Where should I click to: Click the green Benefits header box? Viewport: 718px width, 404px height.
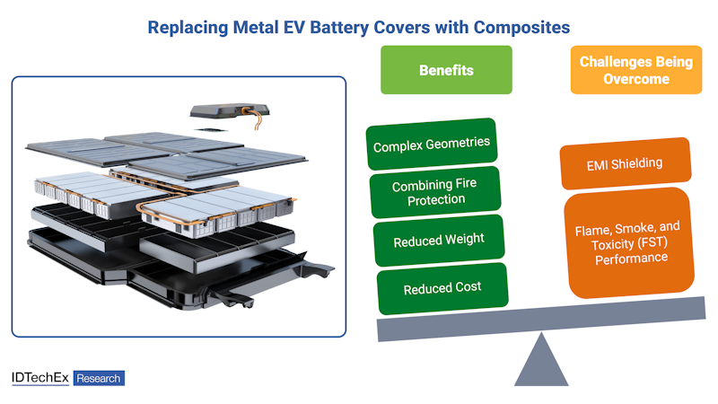click(x=446, y=70)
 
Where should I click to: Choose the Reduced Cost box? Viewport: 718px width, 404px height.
click(x=442, y=288)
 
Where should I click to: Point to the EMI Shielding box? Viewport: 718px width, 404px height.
click(x=625, y=163)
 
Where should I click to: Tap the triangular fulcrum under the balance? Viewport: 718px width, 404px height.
click(x=541, y=360)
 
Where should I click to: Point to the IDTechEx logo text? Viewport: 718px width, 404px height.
click(x=40, y=378)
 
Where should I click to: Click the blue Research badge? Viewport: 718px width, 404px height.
click(x=99, y=379)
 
